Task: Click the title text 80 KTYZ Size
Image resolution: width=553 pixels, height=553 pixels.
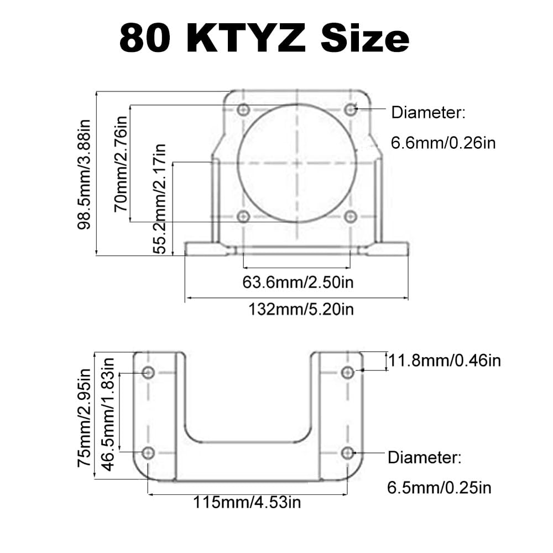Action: [x=264, y=38]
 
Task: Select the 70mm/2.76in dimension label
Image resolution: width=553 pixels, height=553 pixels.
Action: [x=121, y=163]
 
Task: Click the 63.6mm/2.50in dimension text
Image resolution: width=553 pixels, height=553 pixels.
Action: [x=298, y=282]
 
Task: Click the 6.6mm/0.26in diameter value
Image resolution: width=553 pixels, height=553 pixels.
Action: [x=443, y=143]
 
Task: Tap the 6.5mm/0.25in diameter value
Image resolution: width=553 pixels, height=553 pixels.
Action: [x=439, y=487]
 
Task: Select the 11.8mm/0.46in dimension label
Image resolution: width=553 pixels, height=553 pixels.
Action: [x=445, y=361]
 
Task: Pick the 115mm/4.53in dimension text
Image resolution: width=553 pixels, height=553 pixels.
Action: [x=247, y=502]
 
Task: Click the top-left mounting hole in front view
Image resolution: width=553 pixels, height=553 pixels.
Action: [x=242, y=110]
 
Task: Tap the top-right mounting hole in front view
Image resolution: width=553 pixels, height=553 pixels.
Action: [x=349, y=109]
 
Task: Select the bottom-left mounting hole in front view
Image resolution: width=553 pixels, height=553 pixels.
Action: [x=242, y=217]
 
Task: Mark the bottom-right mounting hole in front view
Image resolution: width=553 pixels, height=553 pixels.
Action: [x=349, y=217]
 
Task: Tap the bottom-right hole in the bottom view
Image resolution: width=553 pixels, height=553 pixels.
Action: [x=347, y=453]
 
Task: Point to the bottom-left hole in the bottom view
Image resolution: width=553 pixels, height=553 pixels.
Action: [x=148, y=453]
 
